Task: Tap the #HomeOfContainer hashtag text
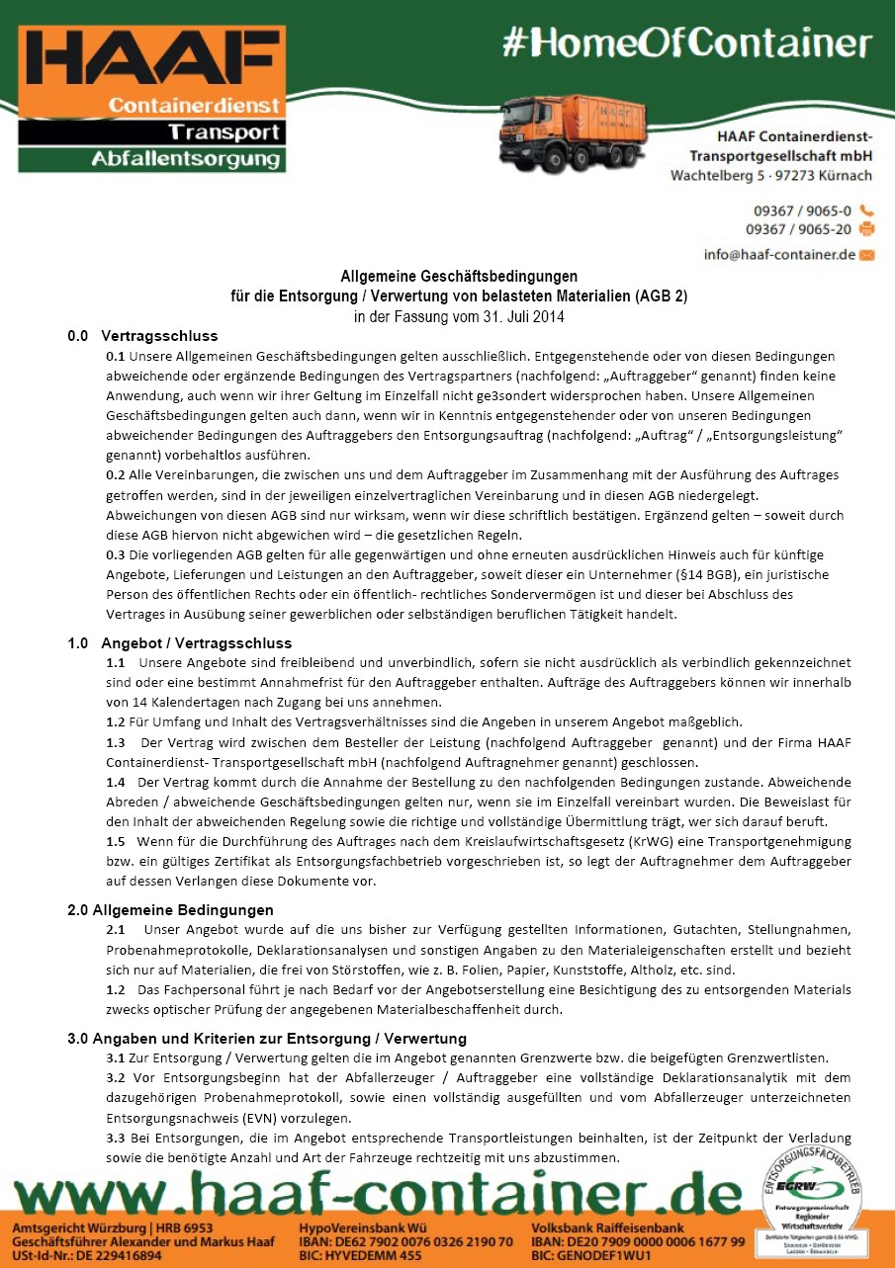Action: [x=687, y=42]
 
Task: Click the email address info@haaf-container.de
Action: [x=779, y=254]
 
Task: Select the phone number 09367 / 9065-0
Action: [x=802, y=211]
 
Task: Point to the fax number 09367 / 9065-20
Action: [x=798, y=229]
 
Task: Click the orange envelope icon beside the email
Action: [x=867, y=254]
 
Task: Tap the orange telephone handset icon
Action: [x=867, y=211]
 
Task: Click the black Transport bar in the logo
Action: [x=153, y=131]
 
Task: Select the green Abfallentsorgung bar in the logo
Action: [x=153, y=158]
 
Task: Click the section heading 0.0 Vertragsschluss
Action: [x=142, y=335]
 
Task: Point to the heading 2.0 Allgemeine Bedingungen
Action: [x=170, y=909]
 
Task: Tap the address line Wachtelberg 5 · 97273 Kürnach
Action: [x=770, y=176]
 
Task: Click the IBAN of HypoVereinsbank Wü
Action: [x=405, y=1241]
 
